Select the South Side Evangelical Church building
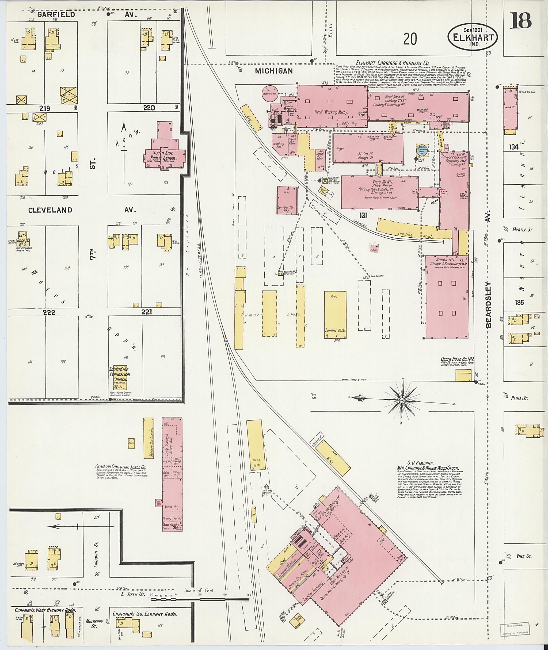121,377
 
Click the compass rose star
402,401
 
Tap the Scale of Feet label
199,590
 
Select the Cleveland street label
50,210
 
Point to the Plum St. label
519,398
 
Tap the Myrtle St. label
522,230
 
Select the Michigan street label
274,71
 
